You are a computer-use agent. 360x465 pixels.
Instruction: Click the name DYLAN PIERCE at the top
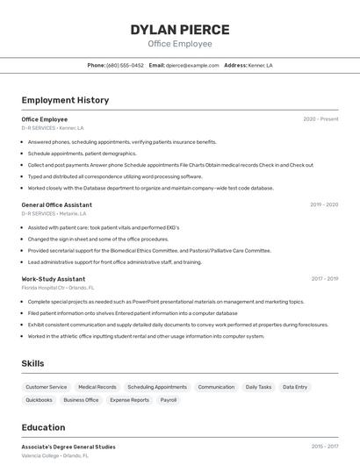tap(180, 29)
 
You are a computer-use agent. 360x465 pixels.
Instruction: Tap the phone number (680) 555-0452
tap(125, 65)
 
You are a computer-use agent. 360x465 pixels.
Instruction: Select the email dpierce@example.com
tap(192, 65)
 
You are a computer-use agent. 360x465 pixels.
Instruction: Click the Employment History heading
tap(65, 100)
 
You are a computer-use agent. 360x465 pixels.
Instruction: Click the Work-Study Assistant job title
tap(54, 279)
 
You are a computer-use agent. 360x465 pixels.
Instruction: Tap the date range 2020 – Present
tap(320, 119)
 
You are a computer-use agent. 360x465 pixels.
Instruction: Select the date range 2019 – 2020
tap(324, 204)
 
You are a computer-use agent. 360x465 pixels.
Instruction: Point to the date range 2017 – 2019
tap(324, 279)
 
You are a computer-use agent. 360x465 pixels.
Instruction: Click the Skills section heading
tap(32, 363)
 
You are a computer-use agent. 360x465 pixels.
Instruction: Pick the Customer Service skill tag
tap(46, 387)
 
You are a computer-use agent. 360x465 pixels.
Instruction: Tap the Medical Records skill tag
tap(97, 387)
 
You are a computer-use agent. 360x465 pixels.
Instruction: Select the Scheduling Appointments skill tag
tap(157, 387)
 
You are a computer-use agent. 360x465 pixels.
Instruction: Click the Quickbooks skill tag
tap(39, 400)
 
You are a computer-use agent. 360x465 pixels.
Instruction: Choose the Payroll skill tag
tap(168, 400)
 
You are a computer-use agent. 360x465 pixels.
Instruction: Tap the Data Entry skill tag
tap(295, 387)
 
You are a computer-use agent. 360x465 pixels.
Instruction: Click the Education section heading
tap(43, 427)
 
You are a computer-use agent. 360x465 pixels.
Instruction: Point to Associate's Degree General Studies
tap(68, 447)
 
